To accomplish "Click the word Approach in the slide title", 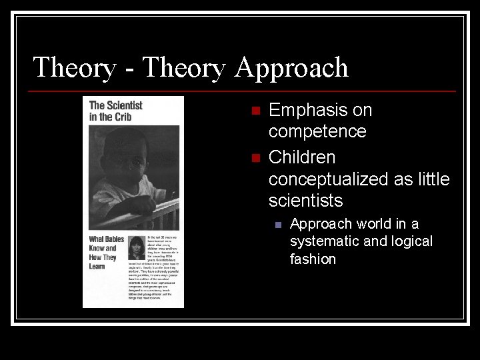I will pos(291,68).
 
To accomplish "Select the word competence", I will pos(317,131).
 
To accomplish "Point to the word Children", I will pos(302,158).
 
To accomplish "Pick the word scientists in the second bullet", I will pos(305,201).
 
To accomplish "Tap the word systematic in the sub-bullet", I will pos(325,241).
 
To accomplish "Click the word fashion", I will pos(313,259).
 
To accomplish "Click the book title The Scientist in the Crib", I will pos(115,111).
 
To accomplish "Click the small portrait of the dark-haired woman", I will pos(137,249).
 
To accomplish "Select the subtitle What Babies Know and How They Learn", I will pos(103,253).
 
